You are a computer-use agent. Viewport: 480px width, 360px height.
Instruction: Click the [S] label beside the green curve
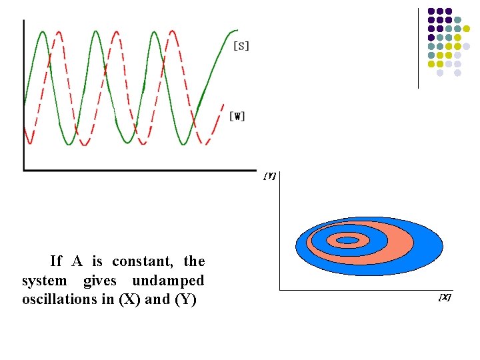pyautogui.click(x=241, y=46)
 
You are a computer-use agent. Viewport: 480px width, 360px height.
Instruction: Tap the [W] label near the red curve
pyautogui.click(x=237, y=117)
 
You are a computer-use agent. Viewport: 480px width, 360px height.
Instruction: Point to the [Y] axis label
pyautogui.click(x=270, y=176)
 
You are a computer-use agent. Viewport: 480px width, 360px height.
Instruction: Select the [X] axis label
pyautogui.click(x=445, y=297)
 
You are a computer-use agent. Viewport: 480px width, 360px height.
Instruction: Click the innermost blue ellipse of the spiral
pyautogui.click(x=347, y=240)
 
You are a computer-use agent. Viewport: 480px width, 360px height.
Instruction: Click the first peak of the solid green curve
pyautogui.click(x=43, y=32)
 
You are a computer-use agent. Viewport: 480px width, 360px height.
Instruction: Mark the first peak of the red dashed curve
pyautogui.click(x=59, y=32)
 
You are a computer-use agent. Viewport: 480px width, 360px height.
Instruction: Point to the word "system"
pyautogui.click(x=44, y=281)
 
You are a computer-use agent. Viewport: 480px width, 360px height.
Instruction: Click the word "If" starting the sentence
pyautogui.click(x=56, y=261)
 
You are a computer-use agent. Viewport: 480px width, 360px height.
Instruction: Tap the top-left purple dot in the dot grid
pyautogui.click(x=431, y=11)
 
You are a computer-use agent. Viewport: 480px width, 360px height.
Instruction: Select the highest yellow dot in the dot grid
pyautogui.click(x=457, y=37)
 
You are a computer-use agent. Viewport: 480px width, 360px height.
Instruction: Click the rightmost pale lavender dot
pyautogui.click(x=466, y=46)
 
